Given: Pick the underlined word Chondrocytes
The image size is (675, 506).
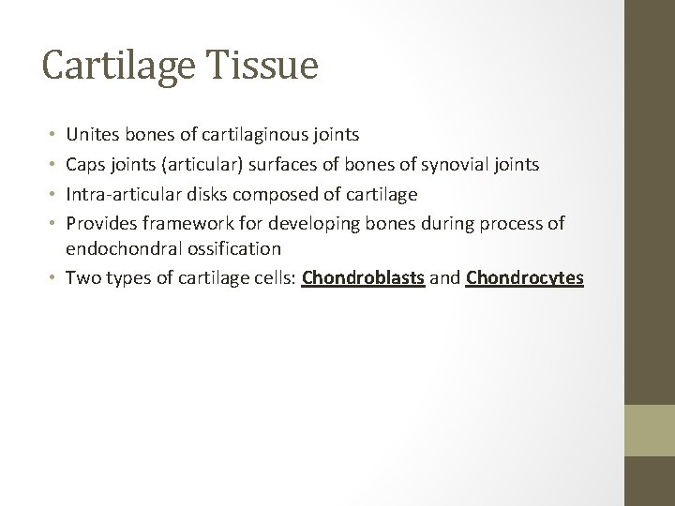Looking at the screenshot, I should coord(524,278).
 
